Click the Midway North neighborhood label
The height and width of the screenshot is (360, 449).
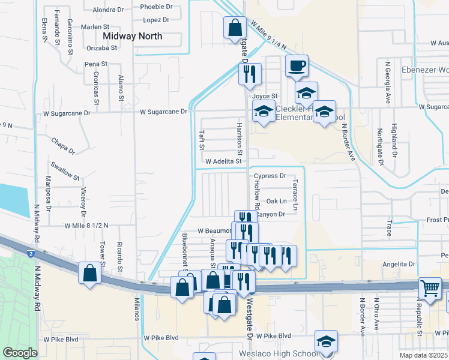(132, 36)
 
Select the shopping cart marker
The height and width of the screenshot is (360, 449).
(430, 289)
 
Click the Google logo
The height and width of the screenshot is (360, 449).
(20, 353)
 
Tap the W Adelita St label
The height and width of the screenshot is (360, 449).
(223, 161)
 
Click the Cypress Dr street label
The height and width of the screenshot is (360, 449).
(270, 176)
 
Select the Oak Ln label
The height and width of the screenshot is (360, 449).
(276, 201)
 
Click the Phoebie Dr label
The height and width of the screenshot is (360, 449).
(156, 7)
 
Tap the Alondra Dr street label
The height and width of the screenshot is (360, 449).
(108, 10)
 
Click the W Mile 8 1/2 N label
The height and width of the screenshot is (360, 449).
(86, 226)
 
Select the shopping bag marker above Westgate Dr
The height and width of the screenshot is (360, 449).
(234, 28)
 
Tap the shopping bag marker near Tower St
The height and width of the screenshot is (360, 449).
(89, 274)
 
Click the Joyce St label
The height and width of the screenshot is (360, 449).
(265, 96)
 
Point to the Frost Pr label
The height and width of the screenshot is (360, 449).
(438, 220)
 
